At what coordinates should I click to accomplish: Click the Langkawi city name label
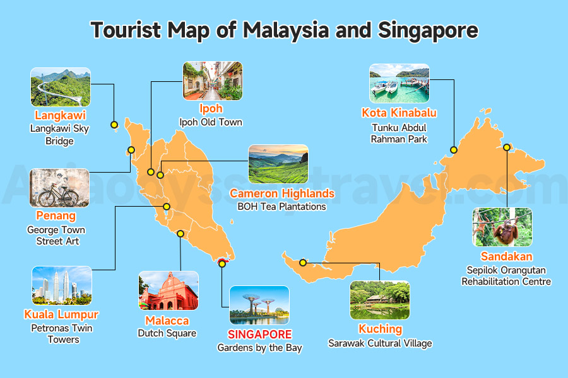point(61,116)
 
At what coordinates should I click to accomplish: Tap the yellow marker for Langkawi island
point(114,124)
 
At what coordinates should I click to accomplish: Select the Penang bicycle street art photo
point(60,188)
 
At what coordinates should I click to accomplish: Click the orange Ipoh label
point(211,109)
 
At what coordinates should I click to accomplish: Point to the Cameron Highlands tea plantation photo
point(278,164)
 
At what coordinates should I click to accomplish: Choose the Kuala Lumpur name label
point(61,314)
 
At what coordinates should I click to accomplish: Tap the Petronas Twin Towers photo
point(62,285)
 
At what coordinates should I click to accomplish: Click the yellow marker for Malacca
point(180,234)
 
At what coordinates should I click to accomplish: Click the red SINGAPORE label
point(259,334)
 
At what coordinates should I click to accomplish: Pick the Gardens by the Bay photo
point(259,305)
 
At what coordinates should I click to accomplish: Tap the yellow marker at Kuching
point(303,262)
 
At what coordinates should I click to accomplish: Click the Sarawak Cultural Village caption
point(380,343)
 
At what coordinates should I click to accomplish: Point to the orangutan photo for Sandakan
point(502,227)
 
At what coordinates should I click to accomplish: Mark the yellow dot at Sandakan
point(507,147)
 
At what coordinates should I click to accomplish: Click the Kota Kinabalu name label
point(399,113)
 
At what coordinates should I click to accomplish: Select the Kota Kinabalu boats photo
point(399,83)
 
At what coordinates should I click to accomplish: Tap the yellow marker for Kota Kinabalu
point(454,150)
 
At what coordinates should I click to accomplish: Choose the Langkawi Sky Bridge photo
point(61,87)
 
